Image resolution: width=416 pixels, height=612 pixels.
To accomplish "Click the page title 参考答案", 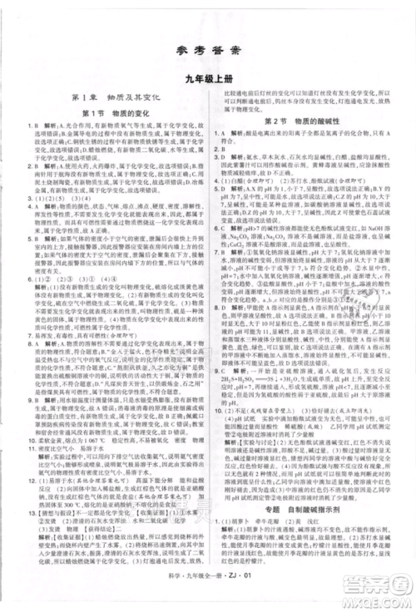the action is pyautogui.click(x=208, y=51).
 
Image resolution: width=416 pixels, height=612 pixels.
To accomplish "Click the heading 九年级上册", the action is pyautogui.click(x=208, y=80).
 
